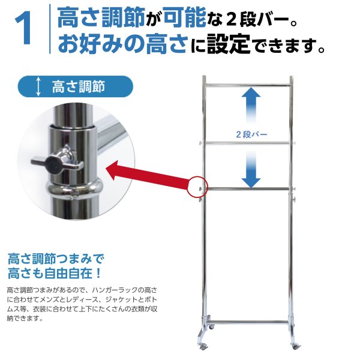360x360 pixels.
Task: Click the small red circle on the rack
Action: pyautogui.click(x=197, y=187)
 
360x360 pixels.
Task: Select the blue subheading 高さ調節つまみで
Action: pyautogui.click(x=55, y=259)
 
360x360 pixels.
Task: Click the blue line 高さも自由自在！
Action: pyautogui.click(x=54, y=274)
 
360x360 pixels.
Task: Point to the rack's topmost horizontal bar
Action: pyautogui.click(x=247, y=85)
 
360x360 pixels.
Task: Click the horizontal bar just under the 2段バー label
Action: pyautogui.click(x=247, y=142)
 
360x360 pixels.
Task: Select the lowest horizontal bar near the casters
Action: pyautogui.click(x=247, y=322)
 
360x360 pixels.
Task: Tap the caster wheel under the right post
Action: pyautogui.click(x=295, y=347)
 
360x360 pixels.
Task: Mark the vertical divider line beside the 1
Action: pyautogui.click(x=49, y=30)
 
